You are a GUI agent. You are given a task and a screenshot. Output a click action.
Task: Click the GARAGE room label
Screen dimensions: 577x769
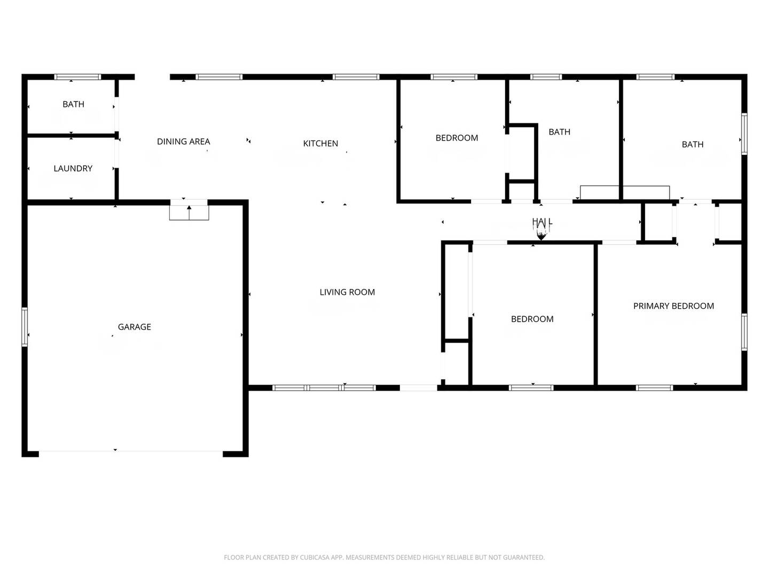(134, 327)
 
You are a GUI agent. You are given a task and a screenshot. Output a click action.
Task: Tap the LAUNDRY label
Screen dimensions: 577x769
(73, 168)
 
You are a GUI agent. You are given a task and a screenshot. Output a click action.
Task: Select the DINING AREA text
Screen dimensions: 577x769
(183, 142)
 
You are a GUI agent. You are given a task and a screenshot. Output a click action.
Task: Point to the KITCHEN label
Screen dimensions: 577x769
(320, 143)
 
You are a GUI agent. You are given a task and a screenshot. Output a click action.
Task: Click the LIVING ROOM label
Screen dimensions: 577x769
(347, 292)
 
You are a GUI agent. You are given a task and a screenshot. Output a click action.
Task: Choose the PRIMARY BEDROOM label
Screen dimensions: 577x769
(673, 306)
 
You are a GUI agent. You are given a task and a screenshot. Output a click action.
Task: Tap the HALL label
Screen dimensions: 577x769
(542, 222)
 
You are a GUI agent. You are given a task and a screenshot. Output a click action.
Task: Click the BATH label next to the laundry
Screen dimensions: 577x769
(73, 104)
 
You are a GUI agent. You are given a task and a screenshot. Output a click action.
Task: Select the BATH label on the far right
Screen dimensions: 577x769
(693, 144)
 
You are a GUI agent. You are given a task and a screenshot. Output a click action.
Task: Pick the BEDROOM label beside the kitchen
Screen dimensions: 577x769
(457, 138)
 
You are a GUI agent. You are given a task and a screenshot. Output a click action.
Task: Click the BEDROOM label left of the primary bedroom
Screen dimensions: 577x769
(532, 319)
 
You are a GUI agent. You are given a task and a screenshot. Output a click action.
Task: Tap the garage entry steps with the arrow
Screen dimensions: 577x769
(189, 212)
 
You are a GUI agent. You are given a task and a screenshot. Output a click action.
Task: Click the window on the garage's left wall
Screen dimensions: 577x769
(25, 326)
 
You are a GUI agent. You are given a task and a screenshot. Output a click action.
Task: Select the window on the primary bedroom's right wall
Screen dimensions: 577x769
(744, 332)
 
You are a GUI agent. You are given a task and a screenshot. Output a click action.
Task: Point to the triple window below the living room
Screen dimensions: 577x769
(324, 387)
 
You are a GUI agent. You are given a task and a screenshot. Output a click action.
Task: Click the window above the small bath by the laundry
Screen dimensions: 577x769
(78, 77)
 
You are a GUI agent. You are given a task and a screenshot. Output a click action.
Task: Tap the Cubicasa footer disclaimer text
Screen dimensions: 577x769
(384, 557)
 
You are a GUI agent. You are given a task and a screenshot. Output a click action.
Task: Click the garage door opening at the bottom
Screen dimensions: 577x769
(130, 453)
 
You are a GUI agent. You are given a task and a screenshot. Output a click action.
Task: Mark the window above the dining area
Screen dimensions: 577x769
(219, 77)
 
